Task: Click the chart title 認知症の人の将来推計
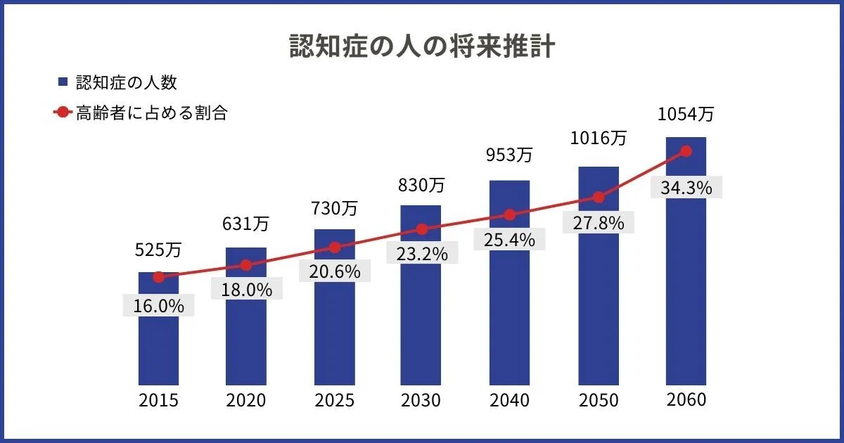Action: pyautogui.click(x=422, y=46)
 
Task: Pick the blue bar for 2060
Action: pyautogui.click(x=686, y=295)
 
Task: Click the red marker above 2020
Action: pyautogui.click(x=246, y=265)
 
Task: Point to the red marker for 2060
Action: pyautogui.click(x=686, y=151)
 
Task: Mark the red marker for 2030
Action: pyautogui.click(x=422, y=229)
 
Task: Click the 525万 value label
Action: pyautogui.click(x=158, y=249)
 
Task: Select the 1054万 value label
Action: pyautogui.click(x=686, y=114)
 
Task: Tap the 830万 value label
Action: pyautogui.click(x=422, y=185)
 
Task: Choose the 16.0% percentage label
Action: pyautogui.click(x=158, y=306)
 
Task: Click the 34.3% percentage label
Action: pyautogui.click(x=686, y=188)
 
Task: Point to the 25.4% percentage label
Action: pyautogui.click(x=509, y=240)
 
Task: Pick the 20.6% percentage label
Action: pyautogui.click(x=334, y=271)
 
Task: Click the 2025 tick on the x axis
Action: pyautogui.click(x=334, y=401)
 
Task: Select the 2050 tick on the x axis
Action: pyautogui.click(x=598, y=401)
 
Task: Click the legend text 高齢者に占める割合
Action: pyautogui.click(x=151, y=113)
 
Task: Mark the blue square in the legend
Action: pyautogui.click(x=63, y=83)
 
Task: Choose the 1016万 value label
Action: pyautogui.click(x=598, y=138)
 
